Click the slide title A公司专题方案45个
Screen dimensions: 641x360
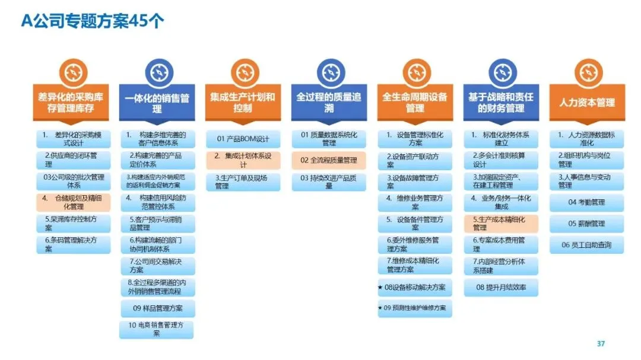point(93,21)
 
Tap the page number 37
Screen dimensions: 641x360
point(601,344)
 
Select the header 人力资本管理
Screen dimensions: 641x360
point(586,103)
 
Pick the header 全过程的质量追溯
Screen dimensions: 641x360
point(328,103)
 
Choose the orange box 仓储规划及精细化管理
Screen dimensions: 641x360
point(74,202)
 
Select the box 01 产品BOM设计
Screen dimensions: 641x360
point(243,139)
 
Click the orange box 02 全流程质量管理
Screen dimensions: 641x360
point(328,160)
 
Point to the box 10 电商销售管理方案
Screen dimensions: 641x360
point(157,329)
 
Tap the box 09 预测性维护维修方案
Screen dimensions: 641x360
point(414,308)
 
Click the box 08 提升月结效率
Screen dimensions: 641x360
point(500,288)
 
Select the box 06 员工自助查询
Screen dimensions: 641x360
point(586,244)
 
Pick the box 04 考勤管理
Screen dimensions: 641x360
point(586,202)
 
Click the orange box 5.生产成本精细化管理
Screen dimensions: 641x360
point(500,223)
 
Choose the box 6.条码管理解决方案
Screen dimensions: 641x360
point(74,244)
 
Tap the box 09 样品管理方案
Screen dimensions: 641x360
point(157,308)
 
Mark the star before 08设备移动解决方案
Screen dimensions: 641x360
point(380,288)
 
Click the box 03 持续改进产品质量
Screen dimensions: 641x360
point(328,181)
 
